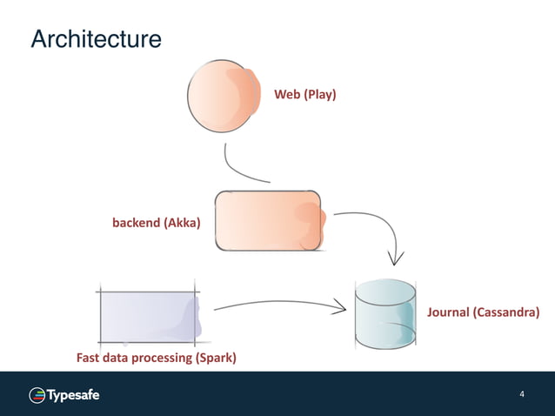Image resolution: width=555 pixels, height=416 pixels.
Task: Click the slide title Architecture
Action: tap(96, 40)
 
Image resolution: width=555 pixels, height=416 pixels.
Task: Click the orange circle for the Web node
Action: tap(224, 96)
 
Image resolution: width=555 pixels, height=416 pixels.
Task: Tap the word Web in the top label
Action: tap(287, 93)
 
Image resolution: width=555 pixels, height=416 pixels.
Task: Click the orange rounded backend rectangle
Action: tap(268, 221)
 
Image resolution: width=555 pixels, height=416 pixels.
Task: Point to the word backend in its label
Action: tap(136, 223)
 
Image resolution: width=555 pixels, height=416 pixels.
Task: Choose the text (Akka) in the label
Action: tap(182, 223)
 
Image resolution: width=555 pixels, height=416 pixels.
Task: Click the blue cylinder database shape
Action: tap(385, 313)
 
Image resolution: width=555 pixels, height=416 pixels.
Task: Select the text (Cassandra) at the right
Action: tap(506, 312)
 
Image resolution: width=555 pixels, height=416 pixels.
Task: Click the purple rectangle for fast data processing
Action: tap(149, 315)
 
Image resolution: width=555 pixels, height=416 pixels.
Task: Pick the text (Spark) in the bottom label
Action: tap(215, 358)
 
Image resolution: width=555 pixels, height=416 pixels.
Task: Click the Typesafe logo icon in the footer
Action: tap(37, 395)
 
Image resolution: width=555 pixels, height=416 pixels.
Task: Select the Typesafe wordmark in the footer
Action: tap(73, 395)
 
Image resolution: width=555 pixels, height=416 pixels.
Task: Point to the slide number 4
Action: tap(522, 395)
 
